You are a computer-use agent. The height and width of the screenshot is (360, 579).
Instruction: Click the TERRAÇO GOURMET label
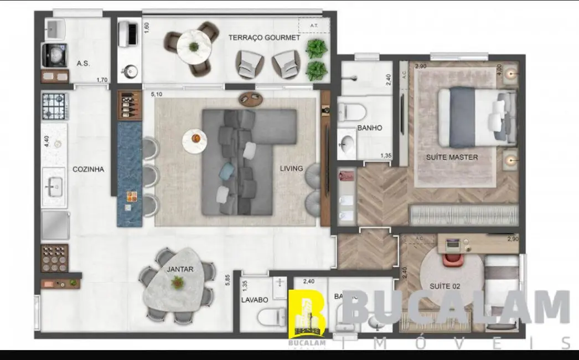click(265, 38)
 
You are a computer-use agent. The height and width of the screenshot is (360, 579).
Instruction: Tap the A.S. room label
click(84, 63)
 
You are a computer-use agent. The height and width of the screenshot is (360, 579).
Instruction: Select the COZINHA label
click(89, 169)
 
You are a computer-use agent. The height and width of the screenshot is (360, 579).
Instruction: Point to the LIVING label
click(291, 168)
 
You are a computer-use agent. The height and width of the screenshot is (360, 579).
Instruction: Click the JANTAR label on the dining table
click(180, 270)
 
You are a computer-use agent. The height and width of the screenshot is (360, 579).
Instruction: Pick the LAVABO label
click(255, 300)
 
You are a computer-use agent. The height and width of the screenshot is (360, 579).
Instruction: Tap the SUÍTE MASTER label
click(452, 157)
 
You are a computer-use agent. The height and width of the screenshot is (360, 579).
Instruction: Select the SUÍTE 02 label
click(445, 286)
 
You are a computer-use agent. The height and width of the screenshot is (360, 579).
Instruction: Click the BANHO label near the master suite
click(370, 128)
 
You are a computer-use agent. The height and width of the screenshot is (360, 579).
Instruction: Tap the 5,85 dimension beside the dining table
click(227, 280)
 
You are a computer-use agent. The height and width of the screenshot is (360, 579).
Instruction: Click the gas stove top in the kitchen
click(54, 106)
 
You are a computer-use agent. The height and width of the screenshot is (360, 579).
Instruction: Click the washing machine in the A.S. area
click(54, 55)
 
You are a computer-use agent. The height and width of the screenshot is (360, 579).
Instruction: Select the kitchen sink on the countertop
click(54, 187)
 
